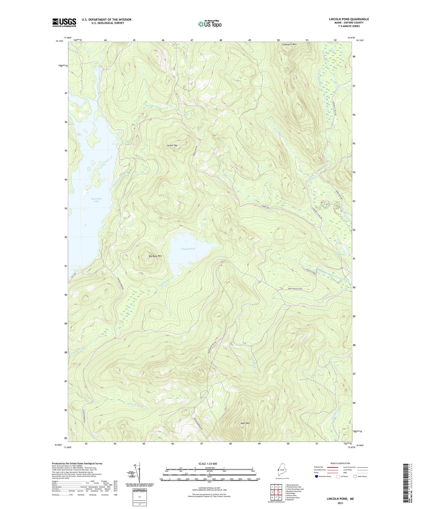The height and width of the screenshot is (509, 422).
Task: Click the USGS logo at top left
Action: pos(64,22)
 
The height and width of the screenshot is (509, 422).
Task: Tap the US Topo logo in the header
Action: pos(210,24)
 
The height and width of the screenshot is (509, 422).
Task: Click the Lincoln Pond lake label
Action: pos(188,249)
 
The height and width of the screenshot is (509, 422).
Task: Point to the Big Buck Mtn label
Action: pos(155,256)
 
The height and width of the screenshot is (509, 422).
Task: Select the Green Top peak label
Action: pos(172,145)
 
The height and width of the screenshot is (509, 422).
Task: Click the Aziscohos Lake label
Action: pos(96,200)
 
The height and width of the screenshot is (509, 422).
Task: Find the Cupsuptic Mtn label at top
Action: pos(289,44)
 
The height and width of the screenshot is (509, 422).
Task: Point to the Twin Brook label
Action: pos(151,106)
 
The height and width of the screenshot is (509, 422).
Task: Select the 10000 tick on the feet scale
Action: pos(258,479)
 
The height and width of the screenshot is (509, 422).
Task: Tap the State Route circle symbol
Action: pos(355,476)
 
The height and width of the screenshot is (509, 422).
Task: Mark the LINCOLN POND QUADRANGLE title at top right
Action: pos(349,19)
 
